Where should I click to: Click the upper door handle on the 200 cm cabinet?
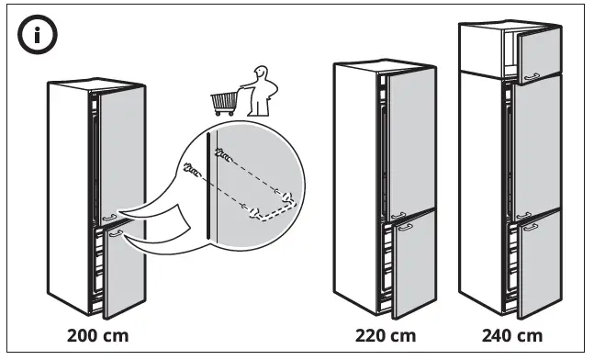111,219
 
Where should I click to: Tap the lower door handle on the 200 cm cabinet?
114,235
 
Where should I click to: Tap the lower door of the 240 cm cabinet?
538,266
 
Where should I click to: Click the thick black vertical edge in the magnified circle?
214,193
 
